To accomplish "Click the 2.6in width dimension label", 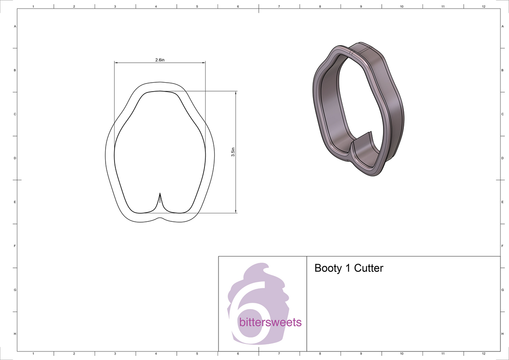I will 159,60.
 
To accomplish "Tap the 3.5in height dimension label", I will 233,152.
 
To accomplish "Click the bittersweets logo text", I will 270,322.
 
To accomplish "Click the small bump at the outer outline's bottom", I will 159,218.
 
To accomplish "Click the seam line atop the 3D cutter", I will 352,53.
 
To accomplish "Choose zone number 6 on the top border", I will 238,7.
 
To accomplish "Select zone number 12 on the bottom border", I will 484,353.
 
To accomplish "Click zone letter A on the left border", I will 15,26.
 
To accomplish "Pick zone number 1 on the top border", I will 33,7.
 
